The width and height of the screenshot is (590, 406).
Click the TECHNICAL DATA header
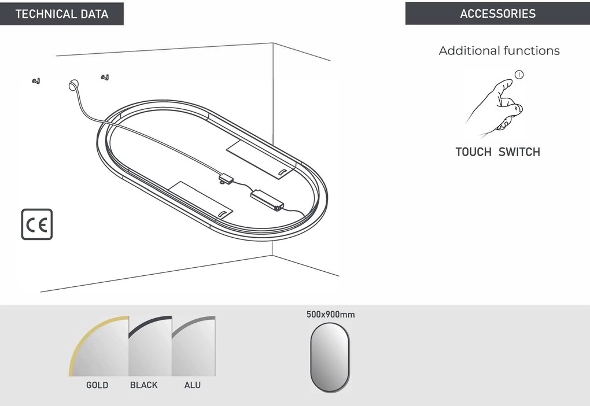[62, 14]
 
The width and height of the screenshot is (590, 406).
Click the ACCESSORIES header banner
[497, 13]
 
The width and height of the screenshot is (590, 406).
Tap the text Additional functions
[499, 50]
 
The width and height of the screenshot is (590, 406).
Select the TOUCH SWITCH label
[498, 152]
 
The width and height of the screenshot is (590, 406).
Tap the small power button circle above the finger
[519, 75]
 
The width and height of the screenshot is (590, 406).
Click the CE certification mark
[37, 224]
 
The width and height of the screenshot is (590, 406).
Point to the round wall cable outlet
[74, 85]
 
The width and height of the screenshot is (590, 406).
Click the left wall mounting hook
[36, 80]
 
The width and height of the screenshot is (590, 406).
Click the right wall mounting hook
[105, 77]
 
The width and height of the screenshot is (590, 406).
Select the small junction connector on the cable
[226, 178]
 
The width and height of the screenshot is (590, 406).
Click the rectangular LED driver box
[267, 200]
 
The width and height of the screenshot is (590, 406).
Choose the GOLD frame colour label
[97, 385]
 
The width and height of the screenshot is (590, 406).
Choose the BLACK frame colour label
[143, 385]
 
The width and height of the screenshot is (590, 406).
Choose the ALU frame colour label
[192, 385]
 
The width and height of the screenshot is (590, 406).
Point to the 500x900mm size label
[330, 315]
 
